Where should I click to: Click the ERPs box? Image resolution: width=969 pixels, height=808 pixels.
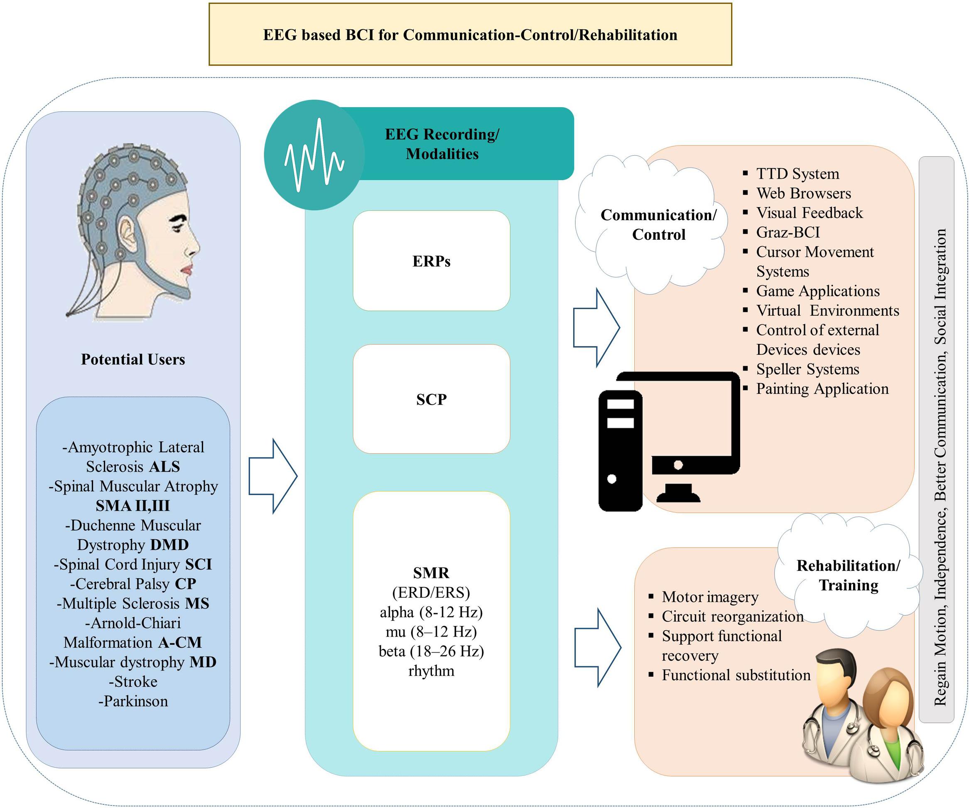click(431, 261)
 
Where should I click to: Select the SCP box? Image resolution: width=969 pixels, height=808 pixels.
click(431, 399)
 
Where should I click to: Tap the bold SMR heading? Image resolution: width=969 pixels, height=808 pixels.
click(431, 572)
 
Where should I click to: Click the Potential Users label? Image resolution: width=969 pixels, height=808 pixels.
click(133, 359)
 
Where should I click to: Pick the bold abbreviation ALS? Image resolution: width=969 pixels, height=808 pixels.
click(164, 467)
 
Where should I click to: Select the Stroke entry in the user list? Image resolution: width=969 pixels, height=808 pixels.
click(133, 682)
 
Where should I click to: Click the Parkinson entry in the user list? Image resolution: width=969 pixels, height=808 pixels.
click(133, 701)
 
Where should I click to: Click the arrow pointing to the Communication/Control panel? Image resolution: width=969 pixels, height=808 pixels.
click(596, 328)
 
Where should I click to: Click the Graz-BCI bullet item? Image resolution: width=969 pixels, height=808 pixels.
click(787, 232)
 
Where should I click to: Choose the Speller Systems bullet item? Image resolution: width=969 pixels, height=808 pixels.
click(807, 369)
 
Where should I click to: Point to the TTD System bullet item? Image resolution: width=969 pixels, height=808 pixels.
click(797, 174)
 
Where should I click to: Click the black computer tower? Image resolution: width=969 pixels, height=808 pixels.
click(620, 450)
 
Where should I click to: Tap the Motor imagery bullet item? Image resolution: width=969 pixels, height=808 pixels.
click(710, 597)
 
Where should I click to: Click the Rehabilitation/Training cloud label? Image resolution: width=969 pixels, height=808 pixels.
click(848, 575)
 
